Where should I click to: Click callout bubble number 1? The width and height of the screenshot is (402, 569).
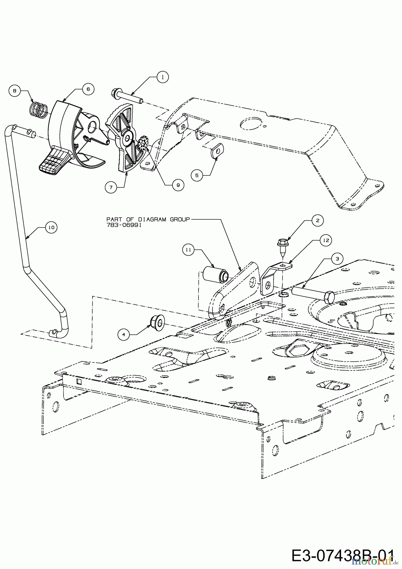coord(162,77)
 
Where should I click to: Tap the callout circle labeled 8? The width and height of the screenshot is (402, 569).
coord(14,91)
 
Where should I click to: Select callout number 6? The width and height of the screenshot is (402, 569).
coord(88,89)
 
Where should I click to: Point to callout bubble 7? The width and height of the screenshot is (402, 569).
coord(111,187)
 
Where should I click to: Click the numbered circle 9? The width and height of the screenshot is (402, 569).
coord(178,185)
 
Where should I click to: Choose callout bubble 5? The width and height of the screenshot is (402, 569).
coord(197,175)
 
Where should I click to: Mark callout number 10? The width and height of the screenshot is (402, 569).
coord(51,227)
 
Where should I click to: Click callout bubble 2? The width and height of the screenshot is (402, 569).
coord(318,221)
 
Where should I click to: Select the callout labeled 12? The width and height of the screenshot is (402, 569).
coord(326,241)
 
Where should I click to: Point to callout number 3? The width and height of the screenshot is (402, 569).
coord(337,259)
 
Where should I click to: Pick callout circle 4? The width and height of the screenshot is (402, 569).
coord(124,334)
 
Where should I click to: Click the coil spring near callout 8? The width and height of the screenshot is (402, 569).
coord(39,108)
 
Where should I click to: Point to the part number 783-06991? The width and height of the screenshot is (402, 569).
coord(124,225)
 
